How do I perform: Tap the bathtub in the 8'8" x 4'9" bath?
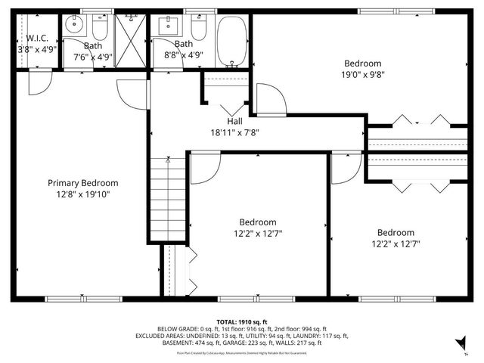coord(231,41)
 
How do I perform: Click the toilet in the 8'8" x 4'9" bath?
coord(198,29)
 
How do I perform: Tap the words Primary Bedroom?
coord(83,183)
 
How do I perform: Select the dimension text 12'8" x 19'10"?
coord(83,194)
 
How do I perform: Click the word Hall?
coord(234,121)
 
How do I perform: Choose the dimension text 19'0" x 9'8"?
coord(363,75)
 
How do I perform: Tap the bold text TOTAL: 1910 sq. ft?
coord(242,321)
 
